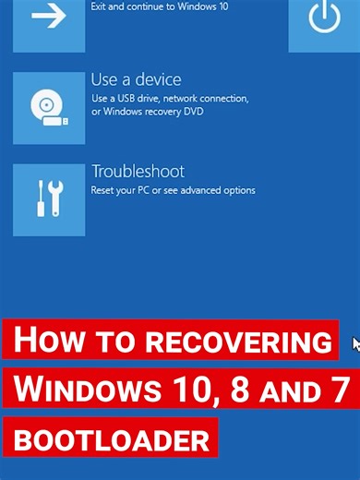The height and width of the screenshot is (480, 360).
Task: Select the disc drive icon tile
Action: tap(48, 107)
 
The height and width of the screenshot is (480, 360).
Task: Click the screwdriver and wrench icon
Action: tap(48, 198)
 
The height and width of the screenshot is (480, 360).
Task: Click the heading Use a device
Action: tap(136, 80)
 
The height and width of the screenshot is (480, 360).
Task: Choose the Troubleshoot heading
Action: tap(138, 172)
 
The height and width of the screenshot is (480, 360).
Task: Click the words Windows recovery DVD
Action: tap(167, 112)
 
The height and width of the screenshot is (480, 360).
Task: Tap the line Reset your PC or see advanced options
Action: tap(173, 190)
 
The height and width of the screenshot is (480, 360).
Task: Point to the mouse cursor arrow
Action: tap(356, 344)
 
